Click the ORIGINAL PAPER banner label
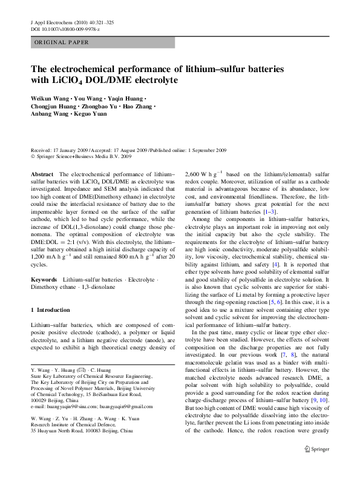(x=62, y=42)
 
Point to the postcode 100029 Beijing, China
(x=57, y=401)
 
